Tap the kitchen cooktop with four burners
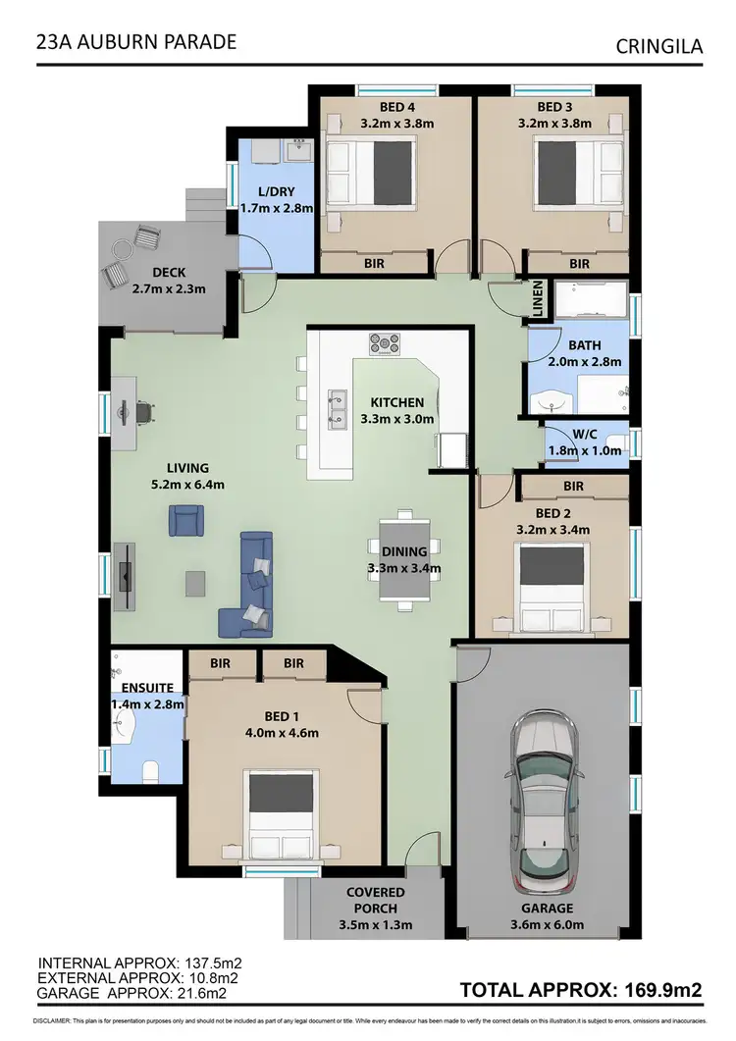tap(384, 343)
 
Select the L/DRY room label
tap(263, 199)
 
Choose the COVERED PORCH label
tap(375, 908)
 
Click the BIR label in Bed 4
tap(373, 264)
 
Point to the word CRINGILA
tap(658, 45)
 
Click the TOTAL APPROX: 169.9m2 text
tap(581, 989)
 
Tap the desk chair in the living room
tap(145, 413)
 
